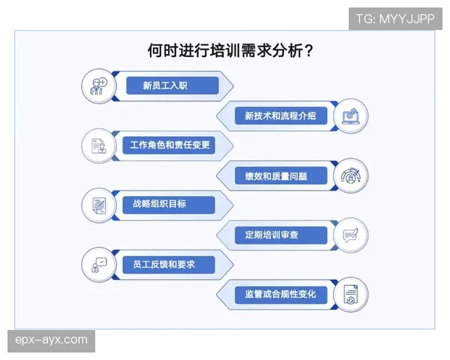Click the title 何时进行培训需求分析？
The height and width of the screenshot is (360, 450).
(230, 51)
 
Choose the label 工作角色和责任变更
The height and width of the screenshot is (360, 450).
(170, 145)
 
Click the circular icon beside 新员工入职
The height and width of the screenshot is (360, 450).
(99, 85)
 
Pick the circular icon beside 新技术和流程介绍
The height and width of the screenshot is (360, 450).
(350, 116)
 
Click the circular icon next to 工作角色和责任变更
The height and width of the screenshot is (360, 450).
(99, 145)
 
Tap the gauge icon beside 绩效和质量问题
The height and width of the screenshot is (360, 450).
(350, 175)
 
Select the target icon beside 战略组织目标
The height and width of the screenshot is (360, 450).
(99, 205)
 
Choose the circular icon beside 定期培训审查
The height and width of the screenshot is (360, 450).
(350, 235)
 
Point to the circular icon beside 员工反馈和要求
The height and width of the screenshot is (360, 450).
(99, 265)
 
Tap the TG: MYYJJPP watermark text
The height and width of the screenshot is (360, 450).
(395, 19)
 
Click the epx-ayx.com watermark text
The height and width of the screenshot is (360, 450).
(51, 340)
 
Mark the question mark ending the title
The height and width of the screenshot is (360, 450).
(309, 51)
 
